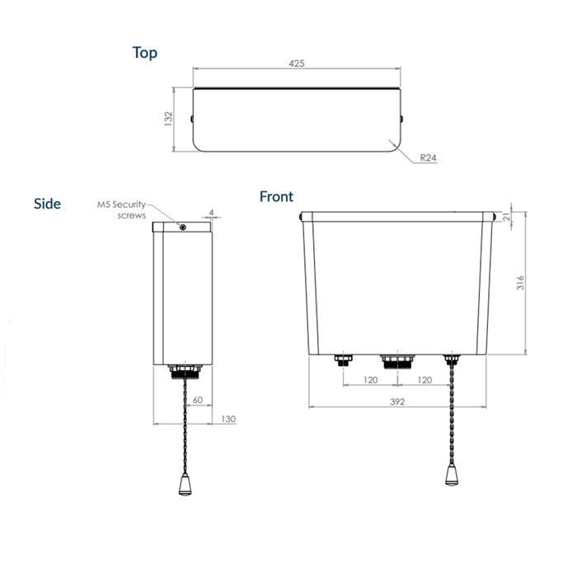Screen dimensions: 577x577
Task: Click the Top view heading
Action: [145, 53]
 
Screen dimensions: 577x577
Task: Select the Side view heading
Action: [47, 204]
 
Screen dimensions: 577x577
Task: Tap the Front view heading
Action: [276, 196]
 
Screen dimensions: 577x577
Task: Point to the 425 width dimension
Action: [298, 63]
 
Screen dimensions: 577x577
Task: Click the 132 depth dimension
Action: [168, 119]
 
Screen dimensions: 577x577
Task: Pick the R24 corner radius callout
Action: [427, 157]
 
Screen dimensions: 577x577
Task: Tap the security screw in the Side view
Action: [182, 227]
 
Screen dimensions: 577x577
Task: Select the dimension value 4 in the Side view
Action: [211, 213]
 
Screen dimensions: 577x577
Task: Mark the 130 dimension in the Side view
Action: [228, 420]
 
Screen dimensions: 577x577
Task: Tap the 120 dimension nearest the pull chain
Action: [426, 381]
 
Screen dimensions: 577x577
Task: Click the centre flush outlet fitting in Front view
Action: [399, 362]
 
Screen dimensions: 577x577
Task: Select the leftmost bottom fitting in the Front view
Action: [343, 359]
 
